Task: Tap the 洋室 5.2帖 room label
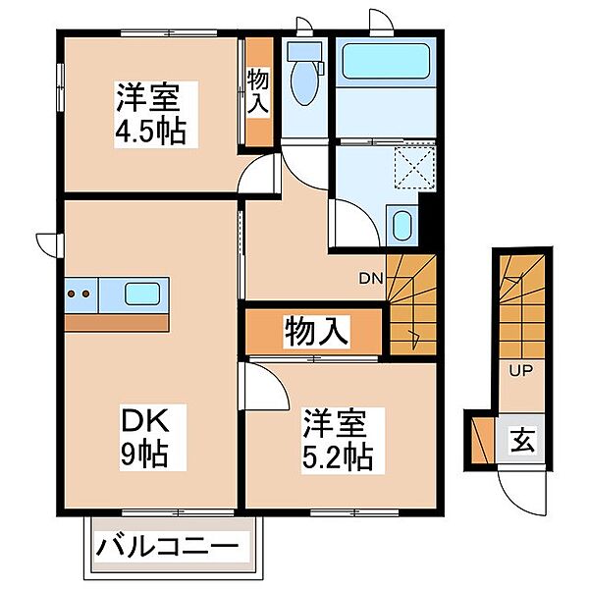(337, 439)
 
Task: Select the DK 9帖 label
(146, 439)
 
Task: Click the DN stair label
(369, 279)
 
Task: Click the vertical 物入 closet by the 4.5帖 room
(258, 93)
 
